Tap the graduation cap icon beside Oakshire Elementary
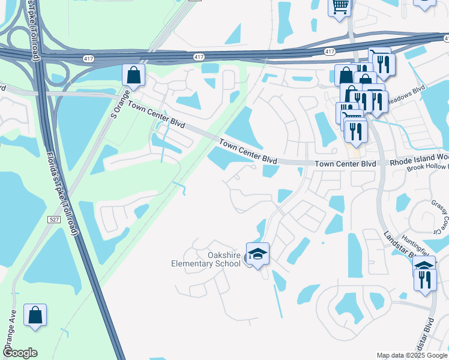click(x=258, y=254)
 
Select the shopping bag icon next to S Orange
click(x=133, y=76)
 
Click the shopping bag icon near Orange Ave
click(x=35, y=315)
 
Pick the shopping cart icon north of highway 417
click(x=340, y=7)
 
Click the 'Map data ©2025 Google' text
click(x=411, y=355)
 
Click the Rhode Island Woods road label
click(x=419, y=163)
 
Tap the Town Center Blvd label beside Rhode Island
click(x=345, y=163)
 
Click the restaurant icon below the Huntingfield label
click(x=425, y=279)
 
